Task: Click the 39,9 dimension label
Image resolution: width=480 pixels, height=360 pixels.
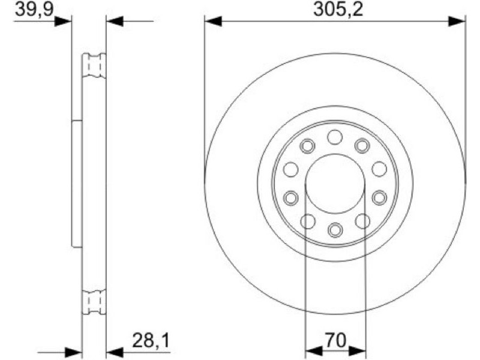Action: point(34,9)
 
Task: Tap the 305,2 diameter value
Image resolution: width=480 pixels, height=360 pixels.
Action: point(338,9)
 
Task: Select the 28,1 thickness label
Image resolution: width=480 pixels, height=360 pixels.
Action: point(151,340)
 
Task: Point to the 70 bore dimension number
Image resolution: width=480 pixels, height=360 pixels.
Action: point(335,340)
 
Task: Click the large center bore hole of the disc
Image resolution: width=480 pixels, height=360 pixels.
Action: point(335,184)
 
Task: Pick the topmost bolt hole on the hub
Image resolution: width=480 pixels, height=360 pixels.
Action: point(335,137)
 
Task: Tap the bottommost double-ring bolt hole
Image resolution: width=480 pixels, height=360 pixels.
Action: point(335,230)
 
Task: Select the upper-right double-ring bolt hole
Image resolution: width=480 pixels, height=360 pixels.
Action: point(362,145)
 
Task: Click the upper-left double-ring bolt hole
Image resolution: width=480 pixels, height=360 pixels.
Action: point(307,146)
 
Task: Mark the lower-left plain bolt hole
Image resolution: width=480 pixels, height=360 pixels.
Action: point(308,221)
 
